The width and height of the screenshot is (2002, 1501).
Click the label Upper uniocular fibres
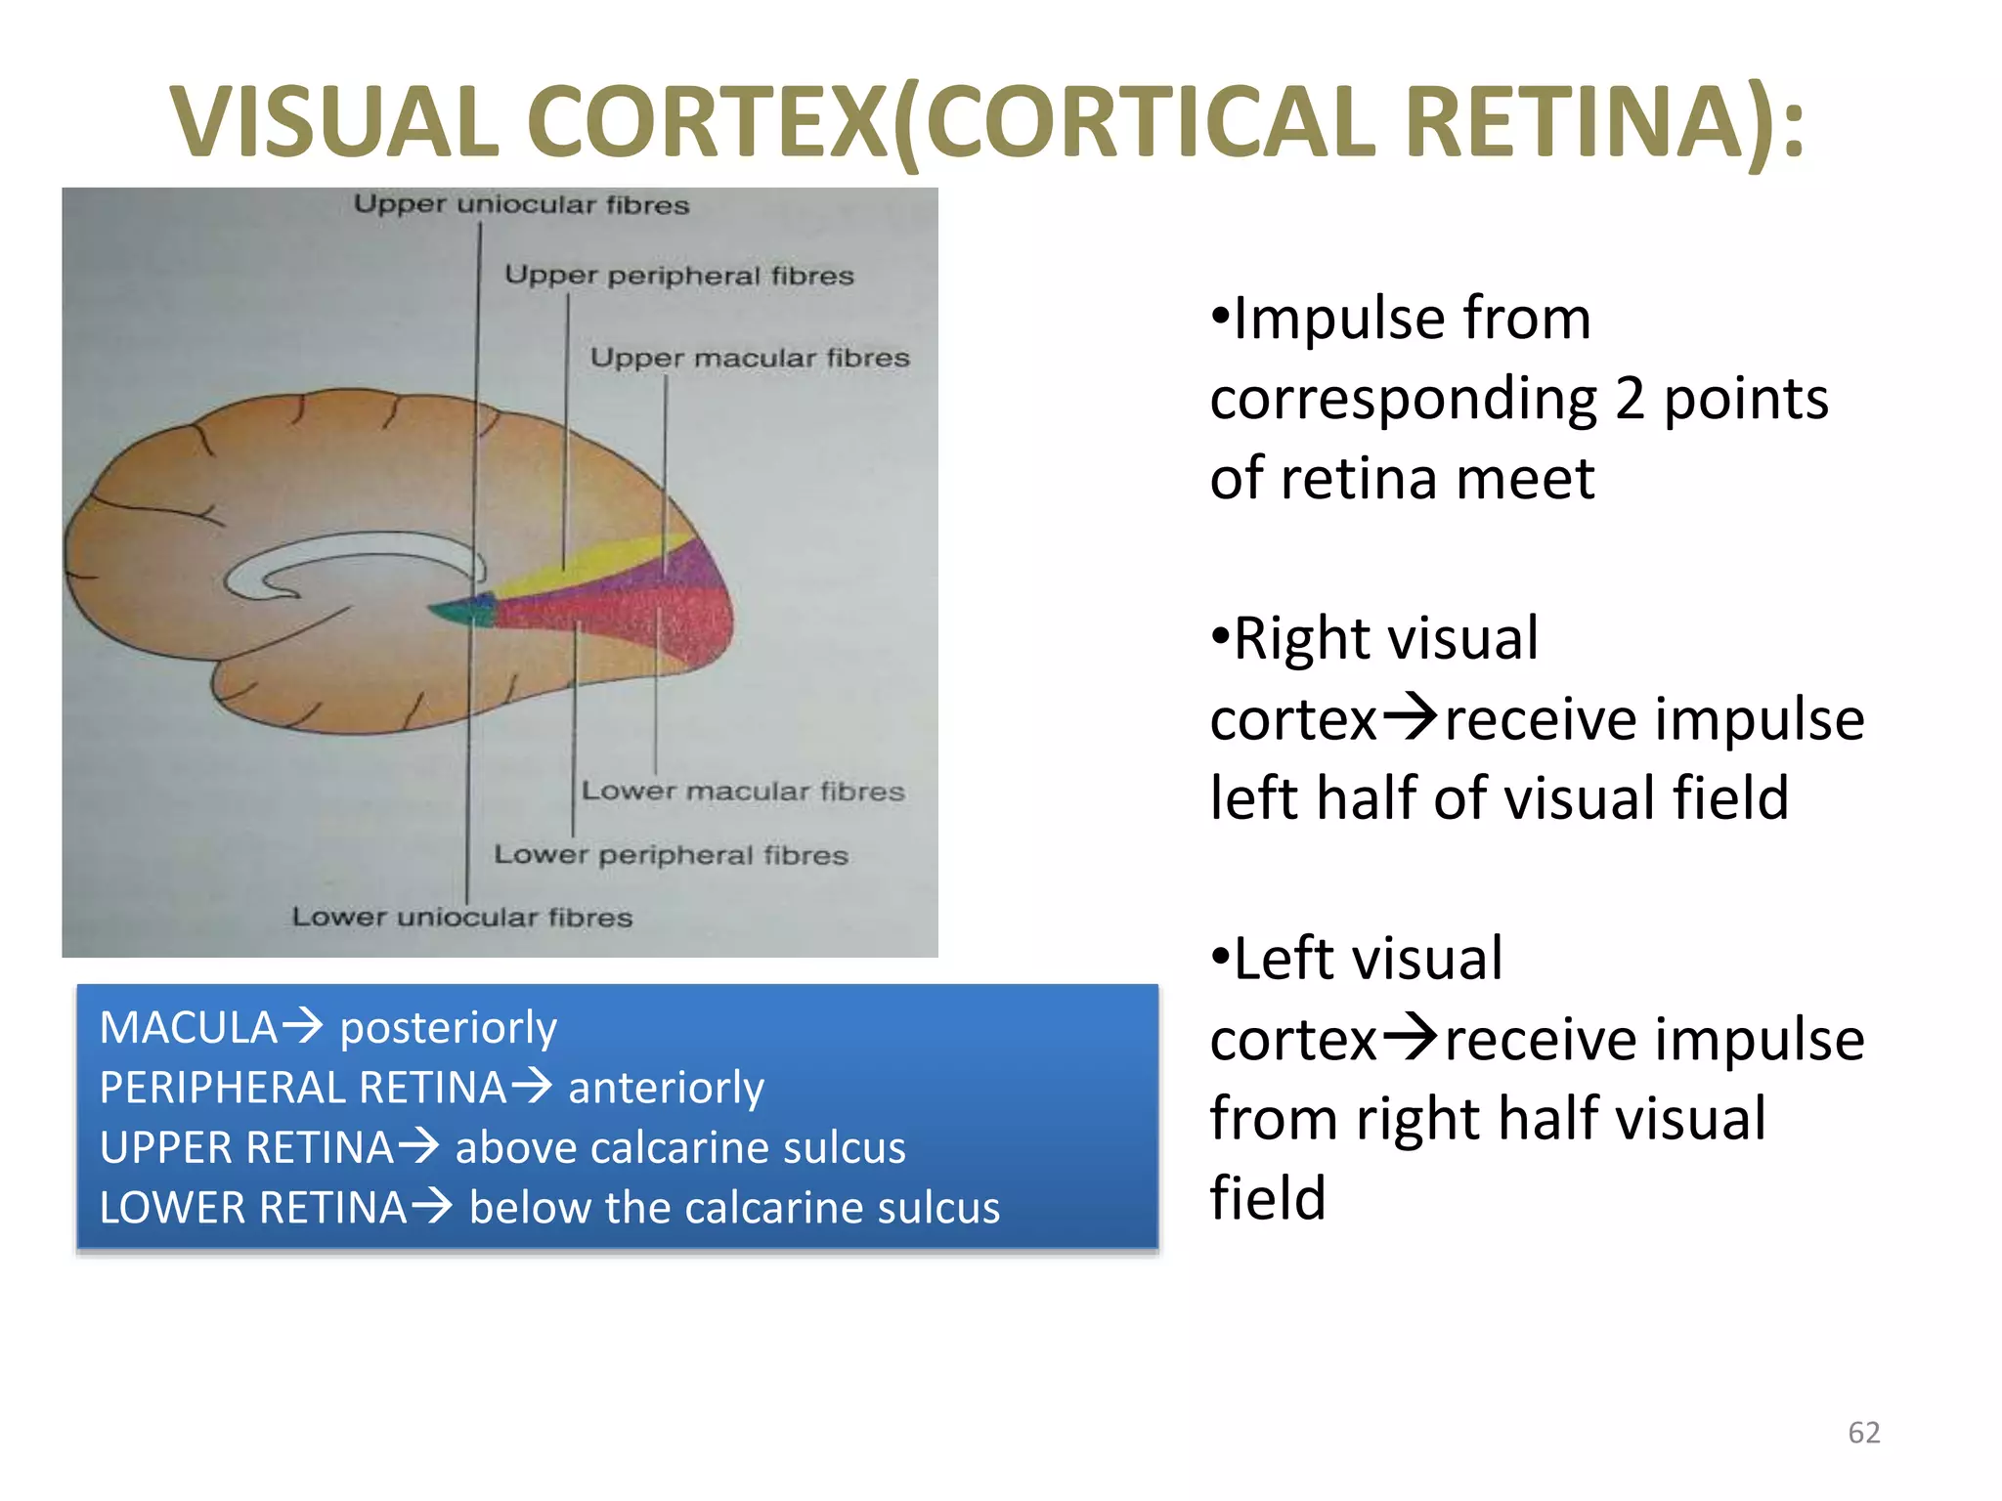tap(521, 204)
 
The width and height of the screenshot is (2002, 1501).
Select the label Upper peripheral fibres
tap(678, 276)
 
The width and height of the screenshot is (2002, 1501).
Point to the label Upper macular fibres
tap(749, 358)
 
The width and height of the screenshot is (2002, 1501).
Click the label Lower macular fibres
tap(743, 791)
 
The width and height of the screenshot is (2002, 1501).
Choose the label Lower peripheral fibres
tap(671, 855)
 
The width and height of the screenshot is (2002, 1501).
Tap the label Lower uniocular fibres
tap(461, 918)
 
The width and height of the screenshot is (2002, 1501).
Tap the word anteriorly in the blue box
tap(666, 1088)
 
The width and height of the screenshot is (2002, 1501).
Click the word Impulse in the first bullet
tap(1412, 319)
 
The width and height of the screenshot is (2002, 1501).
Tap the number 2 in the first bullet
tap(1630, 399)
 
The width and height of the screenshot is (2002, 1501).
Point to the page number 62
tap(1863, 1433)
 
